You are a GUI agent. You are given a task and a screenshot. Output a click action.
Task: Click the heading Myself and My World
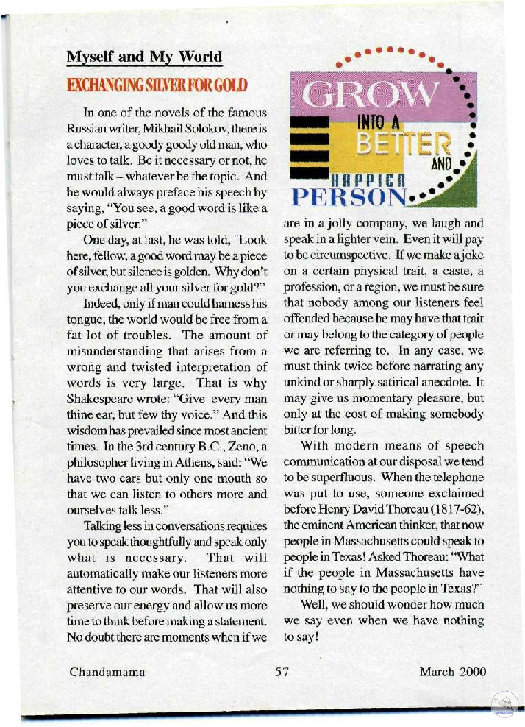[144, 57]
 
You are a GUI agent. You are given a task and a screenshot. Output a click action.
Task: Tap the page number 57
[284, 671]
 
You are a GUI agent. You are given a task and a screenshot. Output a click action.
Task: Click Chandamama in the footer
[107, 671]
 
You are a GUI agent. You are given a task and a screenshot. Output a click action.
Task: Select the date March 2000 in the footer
[453, 671]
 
